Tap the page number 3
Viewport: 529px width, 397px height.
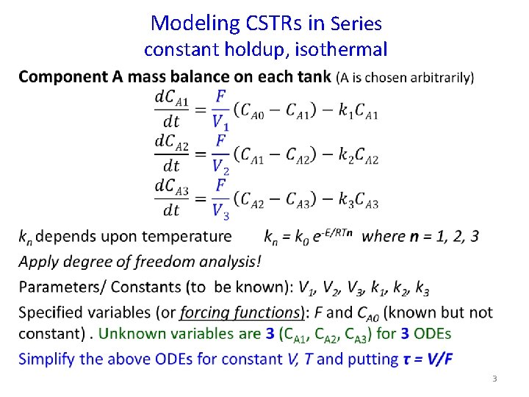coord(494,379)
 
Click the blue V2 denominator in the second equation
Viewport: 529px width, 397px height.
coord(220,167)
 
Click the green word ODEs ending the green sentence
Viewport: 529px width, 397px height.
coord(432,334)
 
